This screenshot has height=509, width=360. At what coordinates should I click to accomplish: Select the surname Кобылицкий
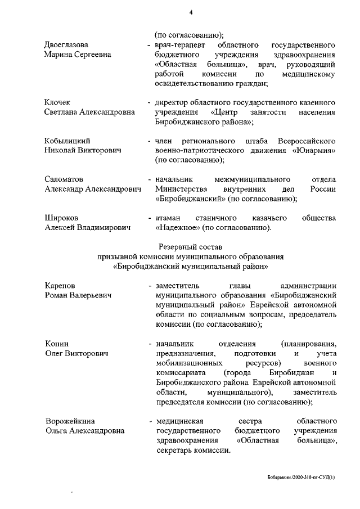click(67, 141)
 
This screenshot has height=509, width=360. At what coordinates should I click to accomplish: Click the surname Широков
click(61, 217)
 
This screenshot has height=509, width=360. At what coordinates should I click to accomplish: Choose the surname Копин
click(56, 344)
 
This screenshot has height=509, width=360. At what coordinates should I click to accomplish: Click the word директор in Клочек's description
click(171, 102)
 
